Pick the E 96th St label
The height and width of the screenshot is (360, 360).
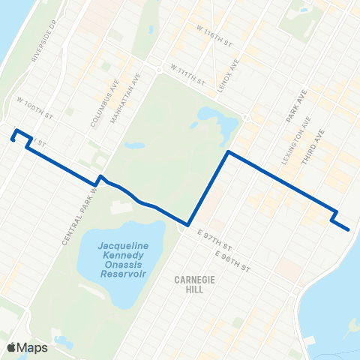(x=229, y=259)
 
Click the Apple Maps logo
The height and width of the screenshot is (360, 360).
(x=27, y=347)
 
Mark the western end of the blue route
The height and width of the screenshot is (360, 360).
(x=13, y=138)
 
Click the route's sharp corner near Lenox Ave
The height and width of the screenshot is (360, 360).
(x=228, y=152)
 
